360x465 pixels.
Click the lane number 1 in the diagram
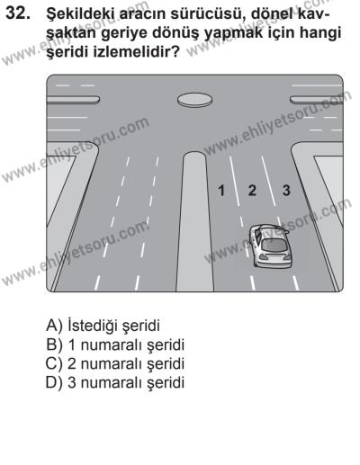point(220,191)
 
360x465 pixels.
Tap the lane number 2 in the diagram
point(252,191)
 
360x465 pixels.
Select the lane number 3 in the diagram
point(287,191)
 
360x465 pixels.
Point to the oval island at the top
point(193,98)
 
